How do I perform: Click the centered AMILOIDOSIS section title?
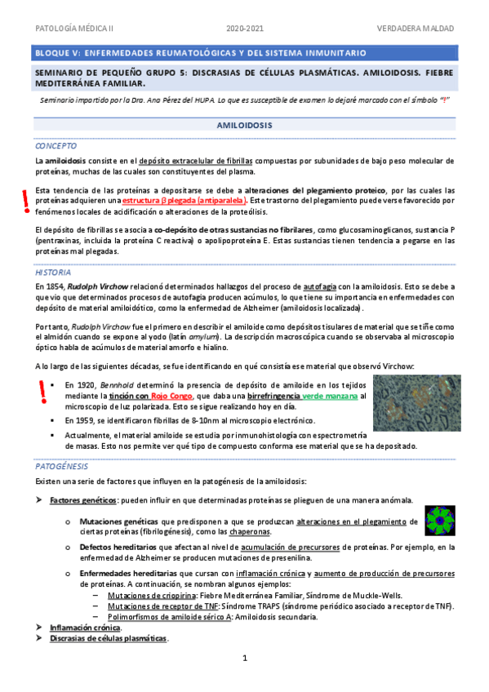click(244, 126)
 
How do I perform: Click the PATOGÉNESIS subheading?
click(61, 464)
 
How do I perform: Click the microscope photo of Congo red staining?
click(412, 402)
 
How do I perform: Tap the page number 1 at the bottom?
click(244, 657)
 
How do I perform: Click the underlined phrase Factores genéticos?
click(84, 499)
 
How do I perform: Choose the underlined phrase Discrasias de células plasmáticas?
click(108, 638)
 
